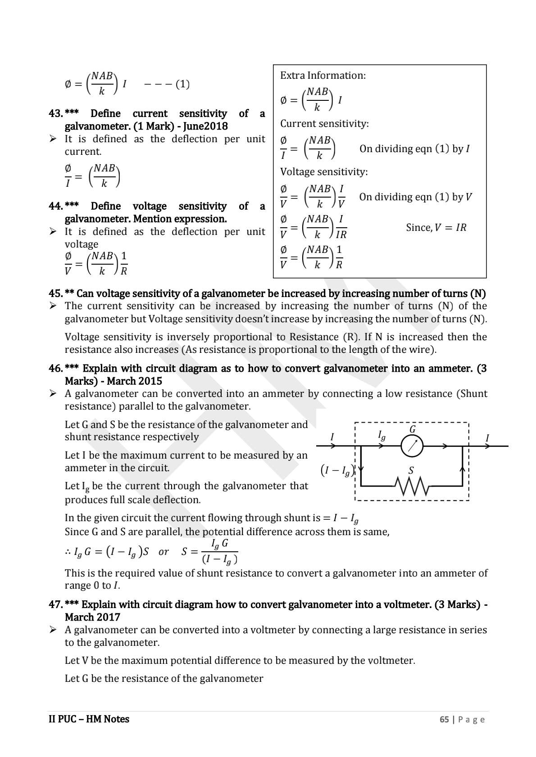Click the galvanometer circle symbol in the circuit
point(412,446)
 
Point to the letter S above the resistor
point(411,471)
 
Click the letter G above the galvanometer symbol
point(412,429)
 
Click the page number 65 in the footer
point(444,719)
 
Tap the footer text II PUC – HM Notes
point(89,719)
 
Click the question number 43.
point(55,113)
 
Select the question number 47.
point(55,604)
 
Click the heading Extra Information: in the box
point(323,76)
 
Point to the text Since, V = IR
point(436,228)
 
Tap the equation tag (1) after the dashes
point(182,84)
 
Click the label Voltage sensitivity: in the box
point(324,172)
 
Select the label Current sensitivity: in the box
point(324,124)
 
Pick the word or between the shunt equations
point(164,552)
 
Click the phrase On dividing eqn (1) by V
point(415,197)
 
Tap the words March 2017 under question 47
point(92,617)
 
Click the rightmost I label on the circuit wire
point(487,438)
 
